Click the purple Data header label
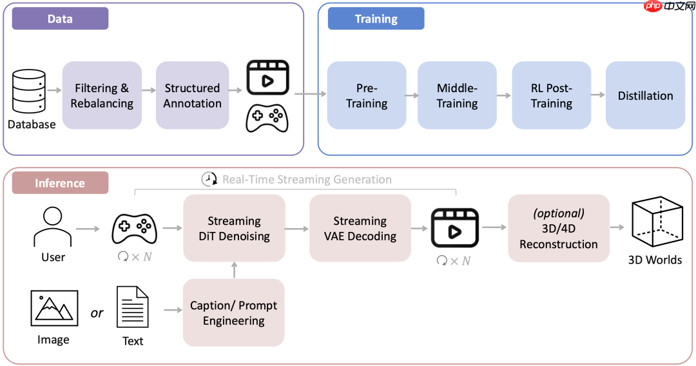pyautogui.click(x=60, y=19)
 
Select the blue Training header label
pyautogui.click(x=376, y=19)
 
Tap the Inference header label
pyautogui.click(x=60, y=183)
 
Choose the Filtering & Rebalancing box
pyautogui.click(x=102, y=95)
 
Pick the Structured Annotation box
pyautogui.click(x=192, y=95)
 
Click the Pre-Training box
pyautogui.click(x=367, y=95)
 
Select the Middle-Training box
pyautogui.click(x=457, y=95)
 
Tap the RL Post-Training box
pyautogui.click(x=551, y=95)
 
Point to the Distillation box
pyautogui.click(x=645, y=95)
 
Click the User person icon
pyautogui.click(x=52, y=227)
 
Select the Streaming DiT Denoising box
pyautogui.click(x=234, y=228)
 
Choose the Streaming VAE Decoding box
pyautogui.click(x=360, y=228)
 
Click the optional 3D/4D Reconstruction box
pyautogui.click(x=558, y=228)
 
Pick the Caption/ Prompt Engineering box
pyautogui.click(x=233, y=313)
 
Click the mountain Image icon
pyautogui.click(x=54, y=308)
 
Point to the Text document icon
pyautogui.click(x=133, y=307)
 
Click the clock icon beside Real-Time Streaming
pyautogui.click(x=209, y=179)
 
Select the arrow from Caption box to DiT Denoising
pyautogui.click(x=234, y=270)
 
